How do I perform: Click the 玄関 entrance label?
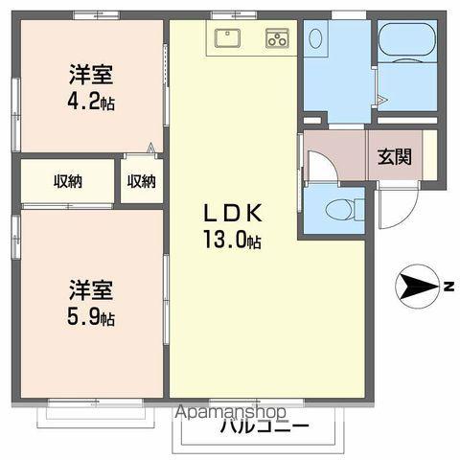pyautogui.click(x=394, y=156)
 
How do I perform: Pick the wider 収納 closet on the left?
pyautogui.click(x=68, y=180)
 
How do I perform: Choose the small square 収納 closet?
pyautogui.click(x=141, y=180)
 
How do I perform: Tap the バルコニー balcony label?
pyautogui.click(x=264, y=426)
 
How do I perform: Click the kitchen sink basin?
pyautogui.click(x=228, y=38)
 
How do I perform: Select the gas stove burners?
pyautogui.click(x=277, y=38)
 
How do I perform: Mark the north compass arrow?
pyautogui.click(x=416, y=285)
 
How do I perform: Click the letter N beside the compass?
pyautogui.click(x=448, y=285)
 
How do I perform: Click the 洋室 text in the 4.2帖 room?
pyautogui.click(x=91, y=73)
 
